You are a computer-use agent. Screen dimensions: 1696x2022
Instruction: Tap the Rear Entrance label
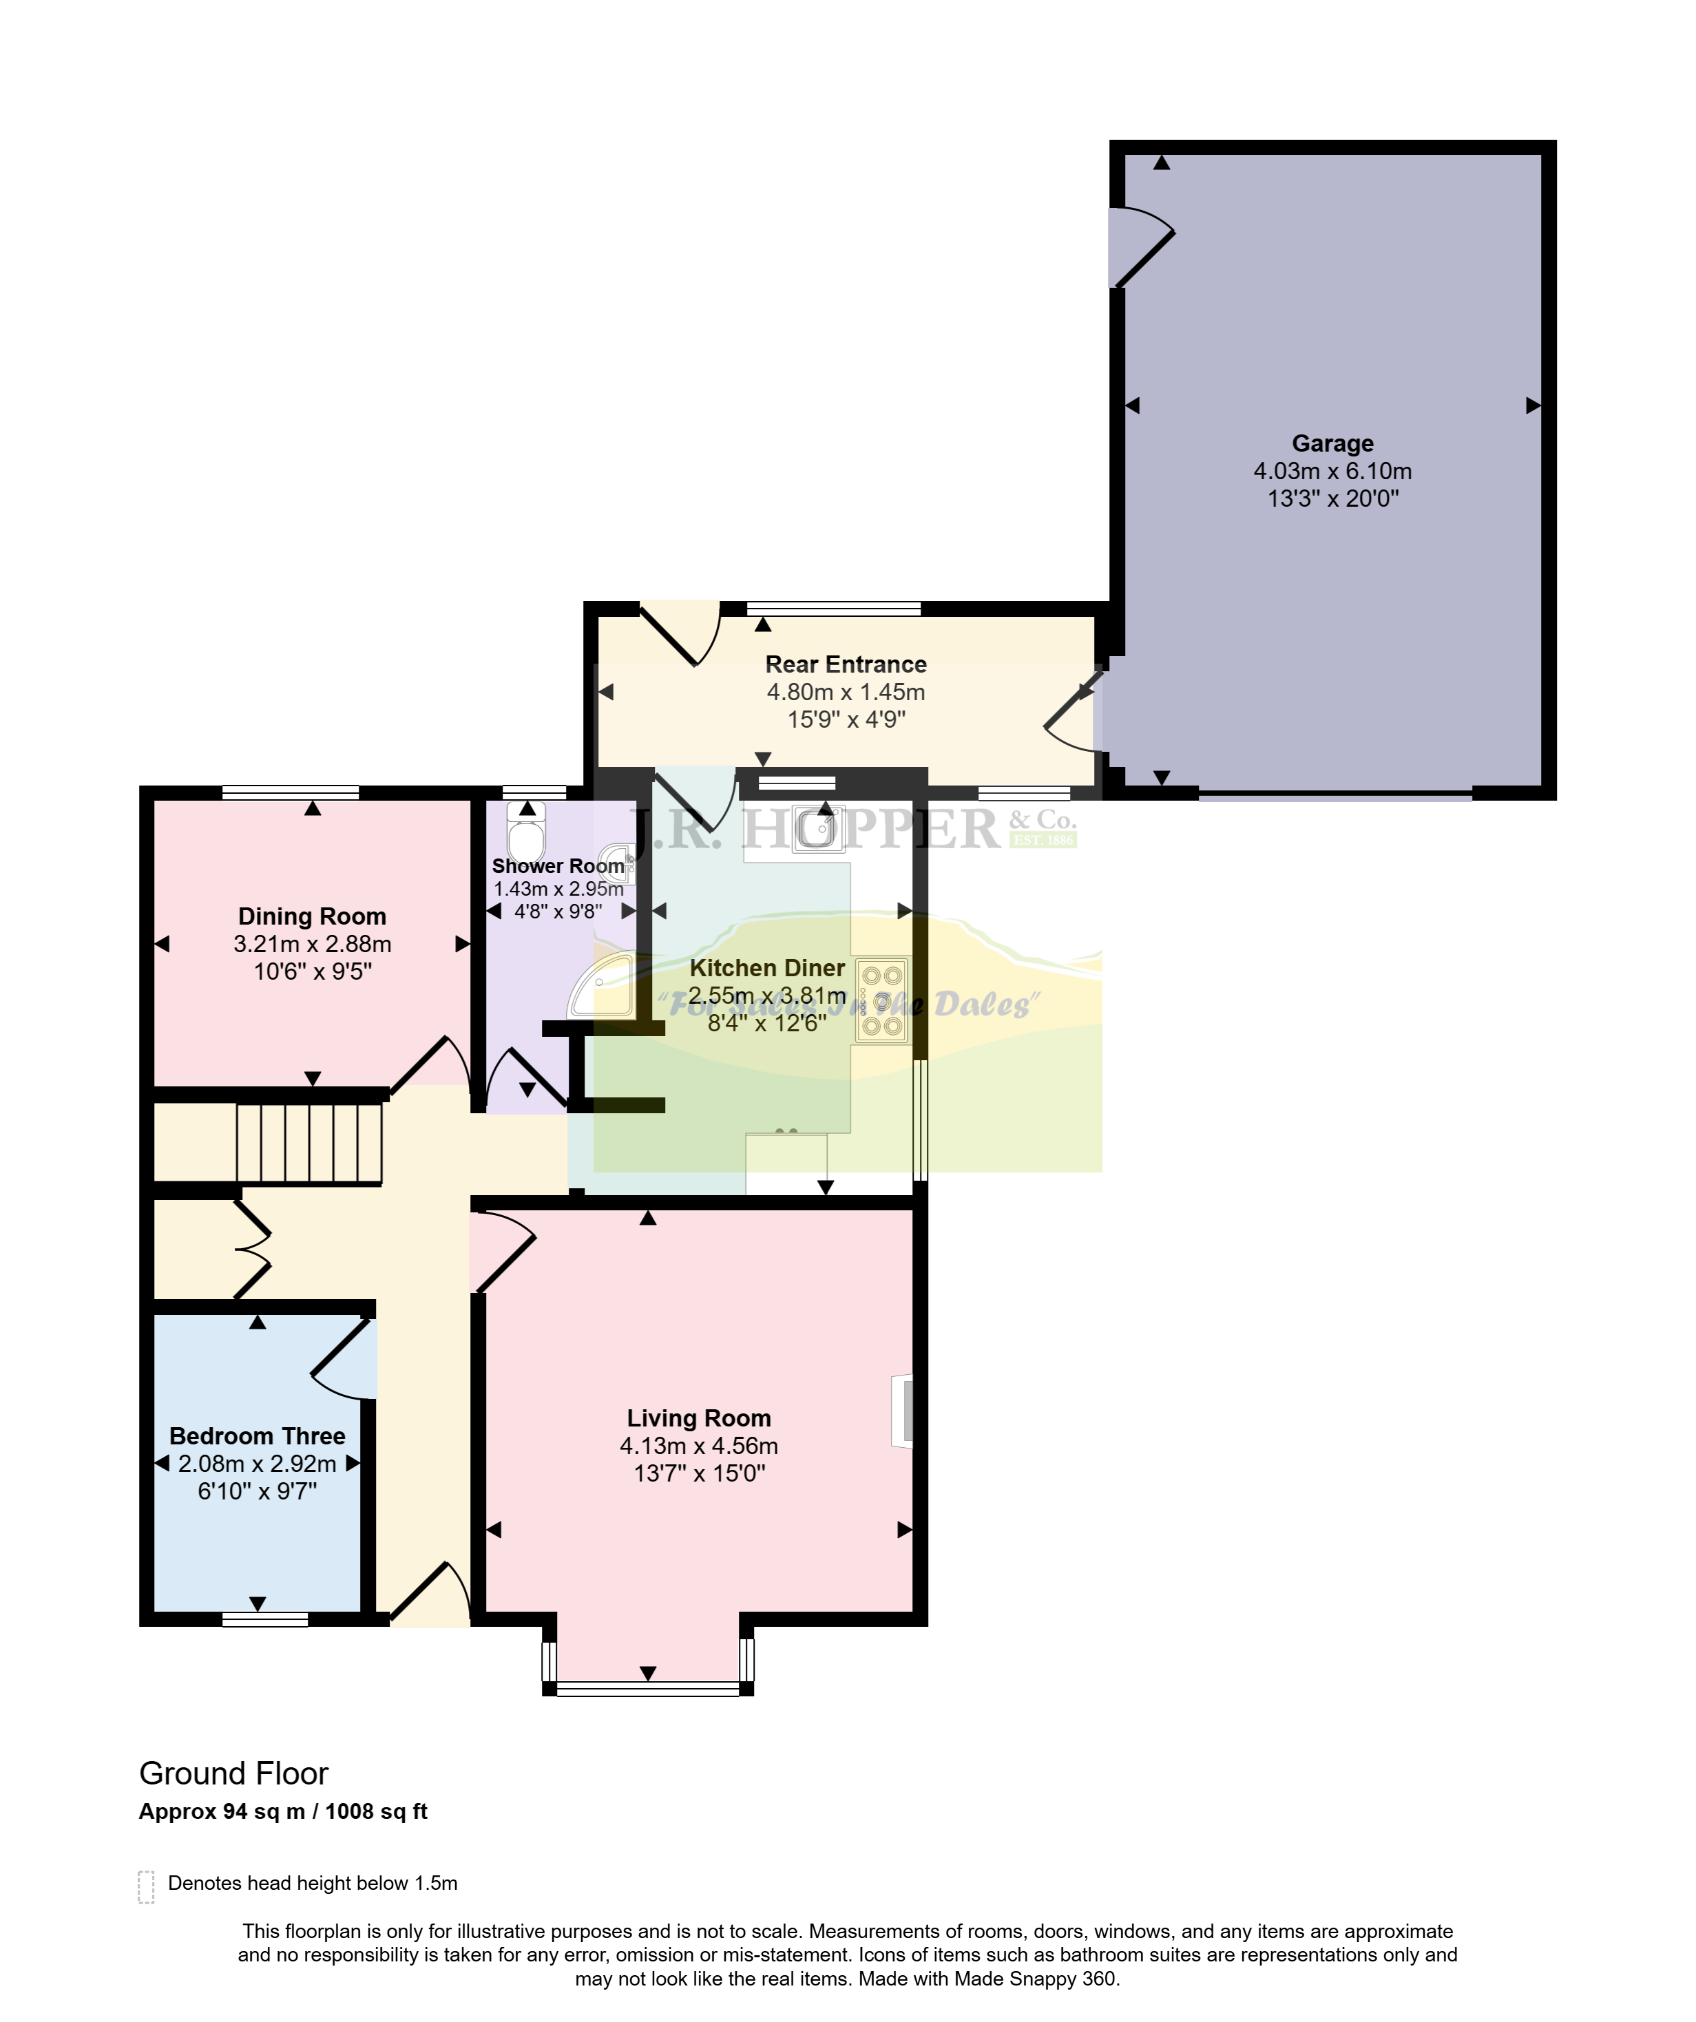[846, 664]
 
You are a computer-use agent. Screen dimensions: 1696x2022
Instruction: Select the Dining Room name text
[312, 916]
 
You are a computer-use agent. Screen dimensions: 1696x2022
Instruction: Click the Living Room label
[699, 1418]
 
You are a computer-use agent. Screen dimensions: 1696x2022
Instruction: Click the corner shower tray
[602, 984]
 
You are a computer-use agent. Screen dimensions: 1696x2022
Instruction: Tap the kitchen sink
[819, 829]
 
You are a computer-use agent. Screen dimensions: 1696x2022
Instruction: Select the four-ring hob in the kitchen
[881, 1000]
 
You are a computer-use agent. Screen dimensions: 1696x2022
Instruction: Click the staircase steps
[309, 1143]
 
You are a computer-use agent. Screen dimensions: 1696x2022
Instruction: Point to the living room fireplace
[901, 1411]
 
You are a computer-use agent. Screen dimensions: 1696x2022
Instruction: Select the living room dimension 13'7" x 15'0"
[699, 1473]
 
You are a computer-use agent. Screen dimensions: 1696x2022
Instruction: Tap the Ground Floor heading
[234, 1773]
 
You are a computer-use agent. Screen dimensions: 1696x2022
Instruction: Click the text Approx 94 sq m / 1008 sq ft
[283, 1811]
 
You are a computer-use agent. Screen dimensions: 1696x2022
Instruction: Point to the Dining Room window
[291, 793]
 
